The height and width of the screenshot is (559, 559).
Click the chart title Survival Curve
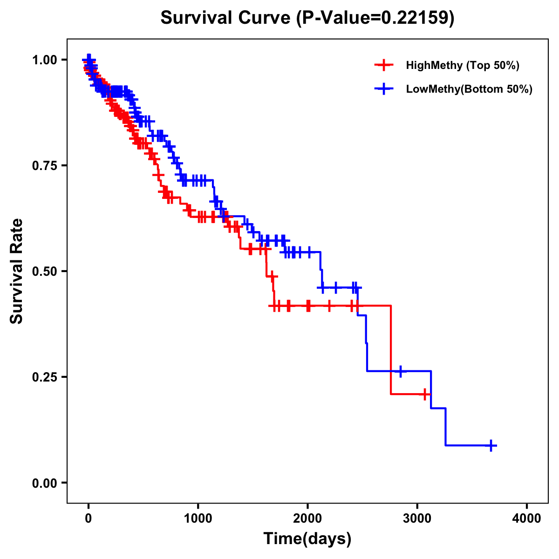226,18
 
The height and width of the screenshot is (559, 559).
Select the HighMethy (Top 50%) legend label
463,65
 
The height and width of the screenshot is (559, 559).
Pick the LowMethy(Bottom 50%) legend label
469,89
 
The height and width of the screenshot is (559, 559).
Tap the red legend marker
383,65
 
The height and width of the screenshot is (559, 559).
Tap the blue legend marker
383,89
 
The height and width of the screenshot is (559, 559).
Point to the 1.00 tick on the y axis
45,60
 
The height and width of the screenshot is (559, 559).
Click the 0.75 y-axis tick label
45,166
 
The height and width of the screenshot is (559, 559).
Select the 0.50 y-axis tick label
45,272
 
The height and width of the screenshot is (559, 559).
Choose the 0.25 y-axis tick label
45,377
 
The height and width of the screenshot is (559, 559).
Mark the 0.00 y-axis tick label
45,483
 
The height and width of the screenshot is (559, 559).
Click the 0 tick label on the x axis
89,518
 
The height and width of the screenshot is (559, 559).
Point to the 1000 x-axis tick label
198,518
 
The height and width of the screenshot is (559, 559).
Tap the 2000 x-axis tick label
307,518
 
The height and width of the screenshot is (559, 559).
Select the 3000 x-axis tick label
417,518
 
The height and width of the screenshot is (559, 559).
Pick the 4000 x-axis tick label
527,518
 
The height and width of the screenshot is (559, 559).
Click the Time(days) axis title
307,539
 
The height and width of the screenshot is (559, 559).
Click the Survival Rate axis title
17,271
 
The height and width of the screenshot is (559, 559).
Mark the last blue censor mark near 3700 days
491,445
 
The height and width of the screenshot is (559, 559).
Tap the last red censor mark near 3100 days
424,394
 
